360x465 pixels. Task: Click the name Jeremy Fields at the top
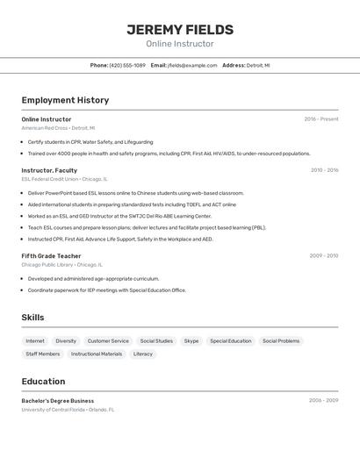click(x=179, y=29)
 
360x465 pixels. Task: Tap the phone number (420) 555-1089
click(x=127, y=65)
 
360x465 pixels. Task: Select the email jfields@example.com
click(x=192, y=65)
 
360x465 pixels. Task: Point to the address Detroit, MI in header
click(x=258, y=65)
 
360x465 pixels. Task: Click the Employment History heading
click(x=65, y=100)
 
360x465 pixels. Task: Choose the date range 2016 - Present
click(x=321, y=118)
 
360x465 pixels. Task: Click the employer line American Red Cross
click(x=58, y=128)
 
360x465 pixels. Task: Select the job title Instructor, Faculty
click(x=49, y=170)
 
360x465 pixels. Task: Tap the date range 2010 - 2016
click(x=323, y=170)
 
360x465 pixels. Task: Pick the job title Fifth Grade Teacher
click(x=51, y=255)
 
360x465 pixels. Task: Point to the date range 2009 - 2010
click(x=323, y=255)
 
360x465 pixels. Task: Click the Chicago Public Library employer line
click(x=61, y=264)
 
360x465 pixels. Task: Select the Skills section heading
click(x=32, y=317)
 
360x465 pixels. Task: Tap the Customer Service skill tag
click(x=108, y=340)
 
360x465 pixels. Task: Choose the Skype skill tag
click(x=191, y=340)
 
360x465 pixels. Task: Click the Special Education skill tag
click(x=230, y=340)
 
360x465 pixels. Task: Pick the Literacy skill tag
click(x=143, y=354)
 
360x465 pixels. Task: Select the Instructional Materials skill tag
click(x=97, y=354)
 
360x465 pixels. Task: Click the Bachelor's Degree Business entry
click(x=58, y=400)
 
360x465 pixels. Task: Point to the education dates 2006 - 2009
click(x=323, y=400)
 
